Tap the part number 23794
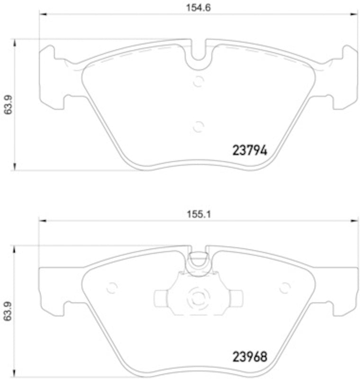250,151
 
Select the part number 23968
250,356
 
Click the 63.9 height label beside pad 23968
6,311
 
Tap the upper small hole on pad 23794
198,81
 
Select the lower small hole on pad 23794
198,126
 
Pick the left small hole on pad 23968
112,288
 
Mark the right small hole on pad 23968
285,288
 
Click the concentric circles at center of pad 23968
198,298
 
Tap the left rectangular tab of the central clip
162,298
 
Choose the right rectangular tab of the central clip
235,298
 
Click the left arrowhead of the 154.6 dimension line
42,14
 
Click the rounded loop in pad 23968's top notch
198,260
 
